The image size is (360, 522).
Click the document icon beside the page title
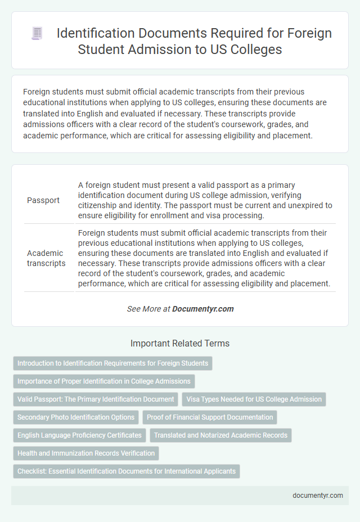38,33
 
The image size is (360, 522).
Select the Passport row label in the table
43,200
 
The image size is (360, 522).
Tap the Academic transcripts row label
46,258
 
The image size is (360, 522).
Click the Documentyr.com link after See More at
203,309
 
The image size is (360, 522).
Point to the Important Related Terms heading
179,343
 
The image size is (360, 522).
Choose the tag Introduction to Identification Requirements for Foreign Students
112,363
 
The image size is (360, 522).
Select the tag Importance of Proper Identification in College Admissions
103,381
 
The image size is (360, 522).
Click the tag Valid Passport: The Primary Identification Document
96,399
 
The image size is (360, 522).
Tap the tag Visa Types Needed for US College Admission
254,399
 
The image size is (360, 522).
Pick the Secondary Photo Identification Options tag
76,417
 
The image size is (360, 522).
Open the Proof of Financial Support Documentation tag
210,417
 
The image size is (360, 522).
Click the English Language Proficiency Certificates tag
79,435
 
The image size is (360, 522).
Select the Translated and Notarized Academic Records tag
220,435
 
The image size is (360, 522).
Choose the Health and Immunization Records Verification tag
86,453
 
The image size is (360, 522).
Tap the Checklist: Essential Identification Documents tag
127,471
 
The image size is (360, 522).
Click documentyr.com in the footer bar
318,496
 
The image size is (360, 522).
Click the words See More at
148,309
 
